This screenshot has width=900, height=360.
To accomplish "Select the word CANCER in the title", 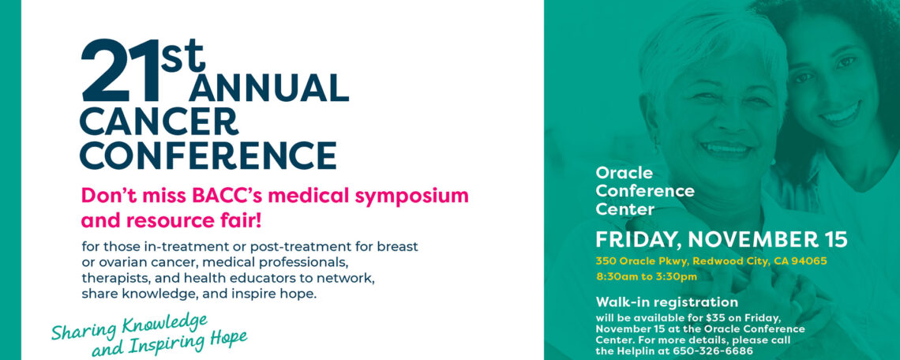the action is pos(159,122).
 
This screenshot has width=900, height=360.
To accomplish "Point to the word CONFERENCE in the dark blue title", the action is pos(208,156).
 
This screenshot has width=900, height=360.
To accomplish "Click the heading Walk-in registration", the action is pos(666,302).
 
